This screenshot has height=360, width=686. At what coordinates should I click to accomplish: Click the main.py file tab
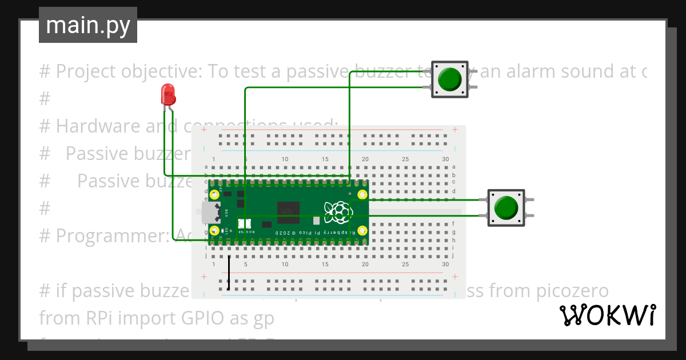87,25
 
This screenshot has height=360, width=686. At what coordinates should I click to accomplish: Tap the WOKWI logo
607,315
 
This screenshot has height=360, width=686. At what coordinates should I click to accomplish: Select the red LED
168,94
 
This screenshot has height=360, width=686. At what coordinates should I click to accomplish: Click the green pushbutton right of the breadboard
506,207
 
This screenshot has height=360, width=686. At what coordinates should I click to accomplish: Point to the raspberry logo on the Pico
338,213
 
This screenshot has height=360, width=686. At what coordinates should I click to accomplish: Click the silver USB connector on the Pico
210,213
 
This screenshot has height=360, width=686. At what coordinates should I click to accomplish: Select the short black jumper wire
229,273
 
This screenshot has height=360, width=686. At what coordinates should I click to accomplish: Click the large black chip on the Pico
288,213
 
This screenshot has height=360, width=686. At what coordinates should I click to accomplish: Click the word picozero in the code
573,291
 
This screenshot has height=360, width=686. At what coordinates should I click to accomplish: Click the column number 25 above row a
405,159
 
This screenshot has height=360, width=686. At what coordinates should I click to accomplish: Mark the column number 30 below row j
445,265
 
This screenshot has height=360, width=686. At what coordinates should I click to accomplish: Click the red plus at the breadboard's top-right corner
454,130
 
